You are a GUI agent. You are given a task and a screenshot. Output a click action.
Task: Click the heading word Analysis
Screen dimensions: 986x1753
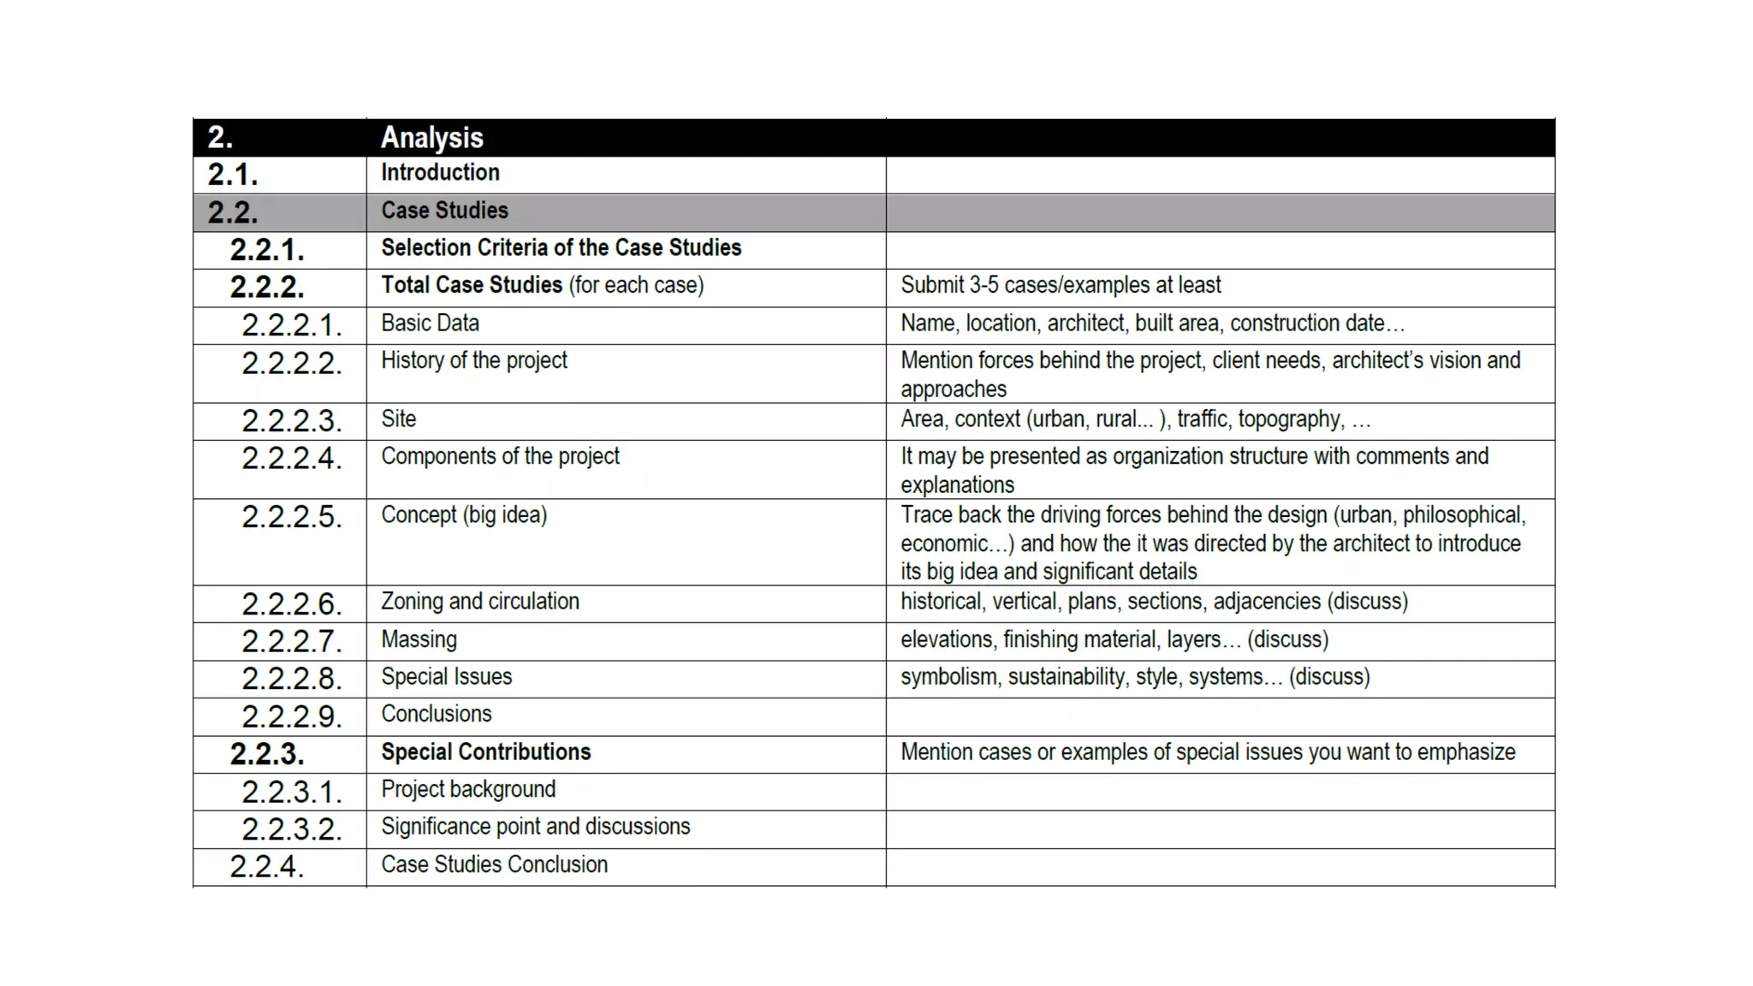point(431,138)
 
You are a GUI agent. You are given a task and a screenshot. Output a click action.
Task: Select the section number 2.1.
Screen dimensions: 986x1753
point(232,175)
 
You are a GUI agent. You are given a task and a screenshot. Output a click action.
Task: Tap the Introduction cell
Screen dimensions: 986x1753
point(440,173)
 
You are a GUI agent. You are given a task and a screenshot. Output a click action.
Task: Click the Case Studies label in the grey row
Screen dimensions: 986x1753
point(444,211)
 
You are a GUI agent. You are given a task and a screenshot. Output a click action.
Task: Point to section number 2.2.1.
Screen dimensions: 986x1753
point(266,250)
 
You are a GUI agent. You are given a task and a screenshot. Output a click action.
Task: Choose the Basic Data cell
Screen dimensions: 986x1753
point(430,324)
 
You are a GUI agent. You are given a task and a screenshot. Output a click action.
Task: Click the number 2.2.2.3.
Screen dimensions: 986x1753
point(291,421)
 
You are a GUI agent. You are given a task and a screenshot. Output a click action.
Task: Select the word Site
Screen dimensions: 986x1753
point(399,419)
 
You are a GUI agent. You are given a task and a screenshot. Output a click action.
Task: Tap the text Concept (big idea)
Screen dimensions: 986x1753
point(463,515)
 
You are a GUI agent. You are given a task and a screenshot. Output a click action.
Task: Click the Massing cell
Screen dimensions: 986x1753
point(419,639)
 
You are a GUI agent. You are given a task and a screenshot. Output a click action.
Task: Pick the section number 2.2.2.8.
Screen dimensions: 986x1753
point(291,679)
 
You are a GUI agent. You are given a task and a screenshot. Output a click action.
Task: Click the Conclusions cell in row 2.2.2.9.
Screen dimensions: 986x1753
point(436,714)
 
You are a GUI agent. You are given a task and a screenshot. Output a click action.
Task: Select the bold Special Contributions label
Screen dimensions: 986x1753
point(485,752)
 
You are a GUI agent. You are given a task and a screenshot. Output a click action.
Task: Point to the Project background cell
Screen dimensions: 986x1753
point(468,789)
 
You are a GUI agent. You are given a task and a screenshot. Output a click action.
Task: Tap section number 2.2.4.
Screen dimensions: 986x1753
point(266,866)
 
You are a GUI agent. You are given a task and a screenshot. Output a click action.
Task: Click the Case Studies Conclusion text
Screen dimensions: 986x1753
point(494,864)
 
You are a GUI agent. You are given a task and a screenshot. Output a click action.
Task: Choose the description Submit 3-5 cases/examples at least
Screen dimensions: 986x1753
point(1060,285)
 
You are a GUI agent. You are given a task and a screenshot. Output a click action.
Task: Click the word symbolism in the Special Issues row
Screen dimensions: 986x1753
point(948,677)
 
